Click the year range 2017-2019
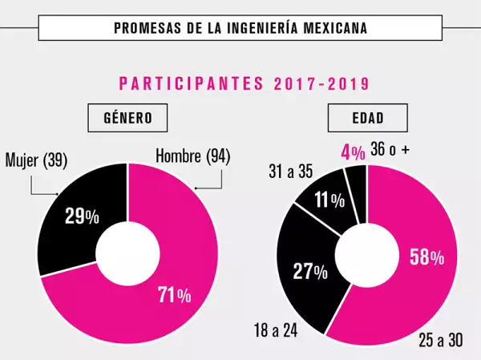(x=320, y=83)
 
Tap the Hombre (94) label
(x=192, y=156)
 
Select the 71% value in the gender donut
(x=174, y=295)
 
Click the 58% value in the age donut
(x=426, y=257)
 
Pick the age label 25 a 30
(x=439, y=340)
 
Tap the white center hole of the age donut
(x=366, y=255)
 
